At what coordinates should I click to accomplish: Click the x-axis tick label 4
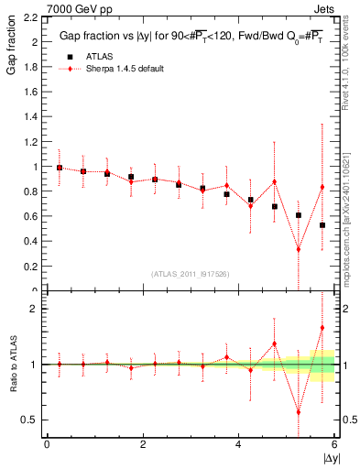(x=238, y=444)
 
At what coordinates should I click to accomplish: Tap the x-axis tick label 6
(x=334, y=444)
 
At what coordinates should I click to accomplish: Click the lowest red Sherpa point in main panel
(x=299, y=249)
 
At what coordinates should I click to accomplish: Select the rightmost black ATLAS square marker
(x=322, y=225)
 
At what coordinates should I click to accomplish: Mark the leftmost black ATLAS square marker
(x=60, y=168)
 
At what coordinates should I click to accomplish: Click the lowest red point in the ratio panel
(x=299, y=411)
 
